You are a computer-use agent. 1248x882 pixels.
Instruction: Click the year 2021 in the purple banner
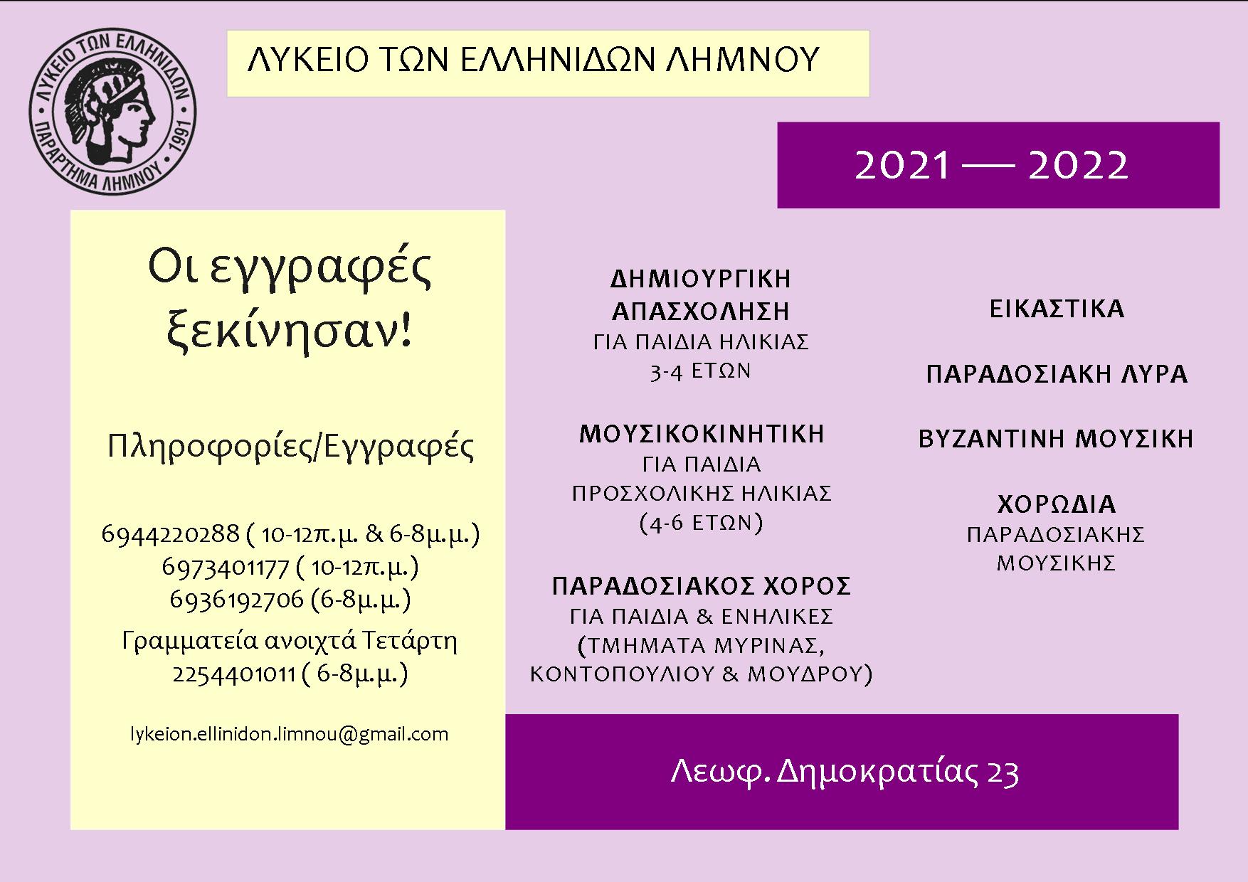tap(902, 166)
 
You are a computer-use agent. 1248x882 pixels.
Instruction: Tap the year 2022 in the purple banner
tap(1079, 166)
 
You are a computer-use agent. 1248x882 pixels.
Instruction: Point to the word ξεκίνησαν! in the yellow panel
tap(290, 331)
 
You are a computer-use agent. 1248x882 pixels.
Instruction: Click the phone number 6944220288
tap(171, 533)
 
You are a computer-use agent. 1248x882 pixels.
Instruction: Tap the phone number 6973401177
tap(225, 567)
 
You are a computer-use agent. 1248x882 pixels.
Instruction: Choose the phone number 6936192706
tap(237, 600)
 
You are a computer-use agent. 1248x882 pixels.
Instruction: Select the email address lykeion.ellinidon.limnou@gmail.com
tap(289, 735)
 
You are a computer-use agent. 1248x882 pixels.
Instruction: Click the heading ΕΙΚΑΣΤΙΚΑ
tap(1057, 309)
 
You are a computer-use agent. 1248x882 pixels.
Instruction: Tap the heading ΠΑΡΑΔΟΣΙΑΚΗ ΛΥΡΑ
tap(1057, 374)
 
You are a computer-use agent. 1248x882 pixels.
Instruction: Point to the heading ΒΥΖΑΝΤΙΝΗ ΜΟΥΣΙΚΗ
tap(1056, 439)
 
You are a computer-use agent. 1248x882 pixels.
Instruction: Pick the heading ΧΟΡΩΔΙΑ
tap(1057, 504)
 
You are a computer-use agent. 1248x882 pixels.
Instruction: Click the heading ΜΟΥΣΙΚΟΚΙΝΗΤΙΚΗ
tap(702, 434)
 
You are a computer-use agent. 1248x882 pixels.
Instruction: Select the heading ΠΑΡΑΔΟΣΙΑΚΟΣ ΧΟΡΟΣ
tap(702, 586)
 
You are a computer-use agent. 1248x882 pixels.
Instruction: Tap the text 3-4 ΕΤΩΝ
tap(701, 371)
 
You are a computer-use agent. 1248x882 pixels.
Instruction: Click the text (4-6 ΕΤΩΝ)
tap(702, 524)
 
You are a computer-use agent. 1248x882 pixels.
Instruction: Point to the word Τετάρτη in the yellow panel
tap(410, 642)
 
